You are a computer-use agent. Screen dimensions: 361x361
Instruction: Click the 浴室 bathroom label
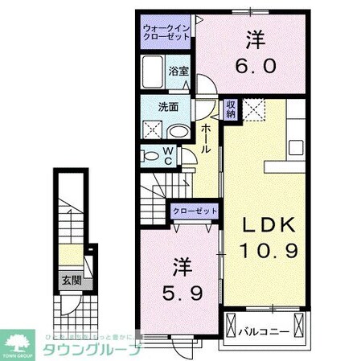(x=178, y=70)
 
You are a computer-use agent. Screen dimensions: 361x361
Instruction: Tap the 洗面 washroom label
(x=167, y=107)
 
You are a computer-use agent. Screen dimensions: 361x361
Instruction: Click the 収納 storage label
(x=230, y=109)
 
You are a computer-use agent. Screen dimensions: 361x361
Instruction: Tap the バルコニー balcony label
(x=266, y=329)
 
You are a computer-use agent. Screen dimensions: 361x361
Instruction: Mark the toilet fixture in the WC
(x=150, y=155)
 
